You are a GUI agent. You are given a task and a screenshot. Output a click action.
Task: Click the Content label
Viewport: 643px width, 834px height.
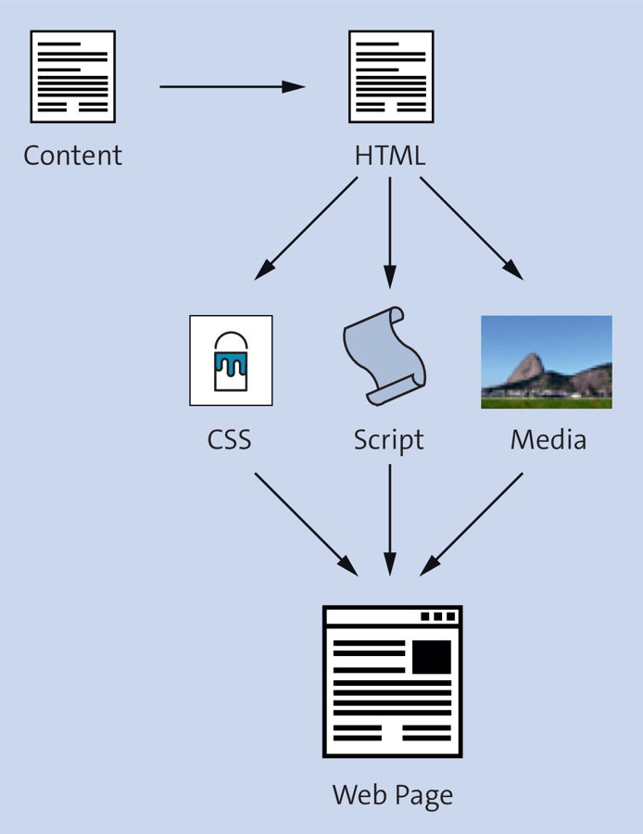point(72,155)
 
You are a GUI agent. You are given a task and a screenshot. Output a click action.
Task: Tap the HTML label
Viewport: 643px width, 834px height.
point(390,155)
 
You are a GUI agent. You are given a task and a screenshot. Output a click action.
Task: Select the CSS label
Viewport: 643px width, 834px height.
point(230,438)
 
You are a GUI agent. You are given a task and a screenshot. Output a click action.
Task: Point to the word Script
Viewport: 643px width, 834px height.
point(388,438)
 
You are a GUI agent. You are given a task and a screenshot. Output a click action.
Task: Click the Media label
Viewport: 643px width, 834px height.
point(548,438)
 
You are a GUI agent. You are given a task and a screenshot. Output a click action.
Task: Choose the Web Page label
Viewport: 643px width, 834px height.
point(393,794)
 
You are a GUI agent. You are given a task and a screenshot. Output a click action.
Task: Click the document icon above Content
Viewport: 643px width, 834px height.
point(73,77)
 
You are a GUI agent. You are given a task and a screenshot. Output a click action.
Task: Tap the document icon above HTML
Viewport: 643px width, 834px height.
point(391,77)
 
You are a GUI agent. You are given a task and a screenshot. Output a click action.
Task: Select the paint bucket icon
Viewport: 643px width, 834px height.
point(231,360)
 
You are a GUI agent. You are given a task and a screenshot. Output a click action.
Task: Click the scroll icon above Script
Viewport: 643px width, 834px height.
point(385,355)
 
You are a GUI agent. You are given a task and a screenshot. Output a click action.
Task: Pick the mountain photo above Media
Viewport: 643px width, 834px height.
point(547,362)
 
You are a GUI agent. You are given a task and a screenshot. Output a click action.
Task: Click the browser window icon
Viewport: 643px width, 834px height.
point(392,681)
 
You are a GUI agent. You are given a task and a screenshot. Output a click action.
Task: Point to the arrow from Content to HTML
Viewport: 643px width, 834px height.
point(232,87)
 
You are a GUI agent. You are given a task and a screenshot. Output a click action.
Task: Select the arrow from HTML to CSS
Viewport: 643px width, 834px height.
point(307,227)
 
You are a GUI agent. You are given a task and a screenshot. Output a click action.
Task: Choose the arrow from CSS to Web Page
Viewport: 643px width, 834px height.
point(306,524)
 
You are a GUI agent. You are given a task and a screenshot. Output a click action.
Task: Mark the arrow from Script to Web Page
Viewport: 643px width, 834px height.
point(390,519)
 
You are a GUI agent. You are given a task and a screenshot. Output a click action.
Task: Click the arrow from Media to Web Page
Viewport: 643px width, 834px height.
point(473,524)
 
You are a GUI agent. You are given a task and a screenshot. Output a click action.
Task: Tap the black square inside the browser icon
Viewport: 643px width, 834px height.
point(431,657)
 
